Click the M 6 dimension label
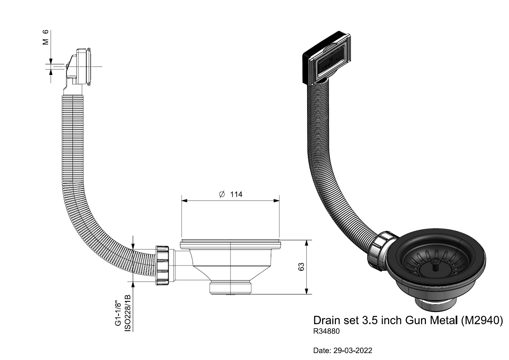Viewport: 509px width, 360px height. tap(46, 37)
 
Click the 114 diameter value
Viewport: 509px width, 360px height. tap(236, 194)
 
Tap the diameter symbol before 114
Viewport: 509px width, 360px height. tap(222, 194)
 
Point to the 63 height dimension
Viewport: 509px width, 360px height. tap(301, 267)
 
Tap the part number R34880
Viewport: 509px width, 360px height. tap(326, 331)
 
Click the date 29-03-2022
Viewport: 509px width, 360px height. tap(353, 351)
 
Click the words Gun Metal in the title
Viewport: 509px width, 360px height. tap(432, 320)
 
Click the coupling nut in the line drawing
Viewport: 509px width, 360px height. tap(162, 265)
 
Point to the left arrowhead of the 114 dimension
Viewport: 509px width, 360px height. tap(184, 201)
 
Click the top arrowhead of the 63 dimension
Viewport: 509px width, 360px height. tap(307, 243)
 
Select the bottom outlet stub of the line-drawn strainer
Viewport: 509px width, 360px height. tap(230, 288)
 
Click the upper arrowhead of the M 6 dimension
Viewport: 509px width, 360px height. tap(51, 61)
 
